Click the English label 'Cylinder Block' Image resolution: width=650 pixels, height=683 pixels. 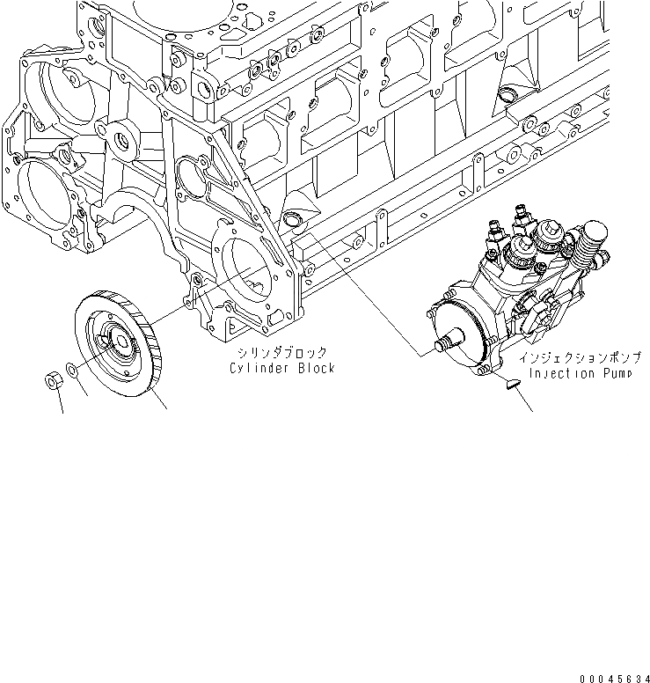click(x=281, y=368)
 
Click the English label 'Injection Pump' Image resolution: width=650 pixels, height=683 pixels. click(x=582, y=374)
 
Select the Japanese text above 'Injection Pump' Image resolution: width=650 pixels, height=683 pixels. click(x=581, y=358)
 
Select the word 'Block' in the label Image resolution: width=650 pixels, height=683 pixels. click(x=316, y=368)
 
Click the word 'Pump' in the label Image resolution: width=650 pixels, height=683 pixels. click(x=619, y=374)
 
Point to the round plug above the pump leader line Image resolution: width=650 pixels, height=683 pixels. click(x=292, y=220)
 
